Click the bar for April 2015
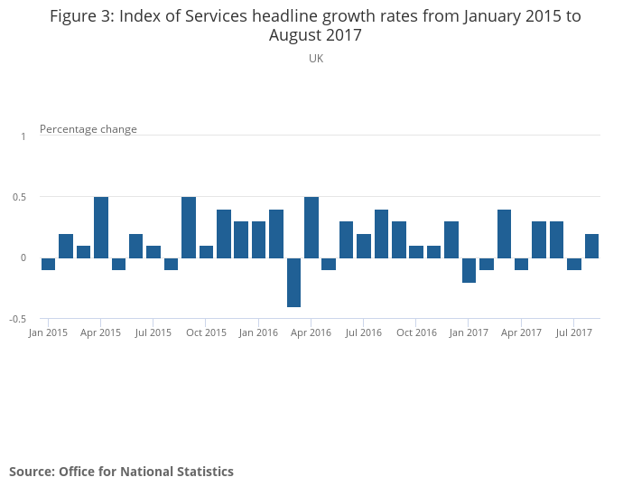(101, 227)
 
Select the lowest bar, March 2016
(293, 282)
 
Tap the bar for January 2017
(469, 270)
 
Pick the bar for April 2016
(311, 227)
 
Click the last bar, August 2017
(591, 246)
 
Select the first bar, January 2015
(48, 264)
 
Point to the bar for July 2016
(364, 246)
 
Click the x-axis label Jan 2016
(258, 332)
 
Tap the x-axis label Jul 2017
(573, 332)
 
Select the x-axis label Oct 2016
(416, 332)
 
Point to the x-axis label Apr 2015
(100, 332)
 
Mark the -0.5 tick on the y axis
(19, 319)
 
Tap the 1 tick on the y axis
(23, 136)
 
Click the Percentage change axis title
(88, 129)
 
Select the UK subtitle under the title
(316, 59)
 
